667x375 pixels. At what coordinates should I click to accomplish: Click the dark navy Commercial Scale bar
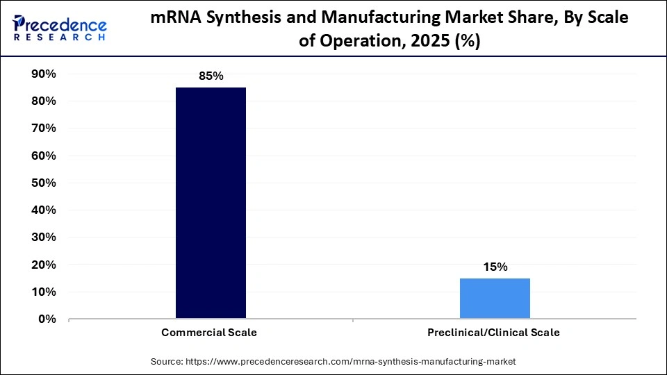[211, 203]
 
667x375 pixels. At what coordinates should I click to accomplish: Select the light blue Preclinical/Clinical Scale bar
[495, 299]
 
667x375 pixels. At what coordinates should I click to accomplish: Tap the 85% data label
[211, 76]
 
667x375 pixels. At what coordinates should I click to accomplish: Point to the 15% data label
[495, 267]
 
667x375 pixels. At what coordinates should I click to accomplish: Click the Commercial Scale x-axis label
[209, 333]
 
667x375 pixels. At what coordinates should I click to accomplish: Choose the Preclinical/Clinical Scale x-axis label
[493, 333]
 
